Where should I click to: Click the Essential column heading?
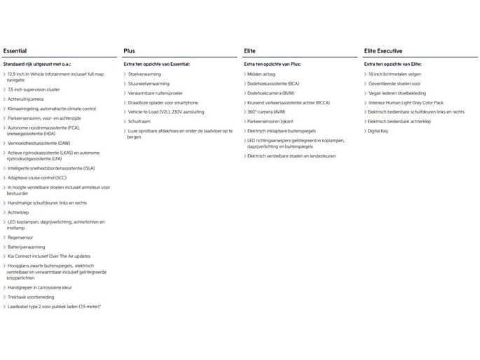click(x=15, y=51)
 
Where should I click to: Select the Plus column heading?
click(x=130, y=51)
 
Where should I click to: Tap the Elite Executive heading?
click(x=385, y=51)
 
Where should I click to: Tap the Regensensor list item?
click(x=23, y=237)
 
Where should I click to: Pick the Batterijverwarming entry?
click(x=29, y=247)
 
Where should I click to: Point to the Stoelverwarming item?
click(x=144, y=74)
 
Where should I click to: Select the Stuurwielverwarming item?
click(x=149, y=83)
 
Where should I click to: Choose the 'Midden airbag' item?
click(x=263, y=74)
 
